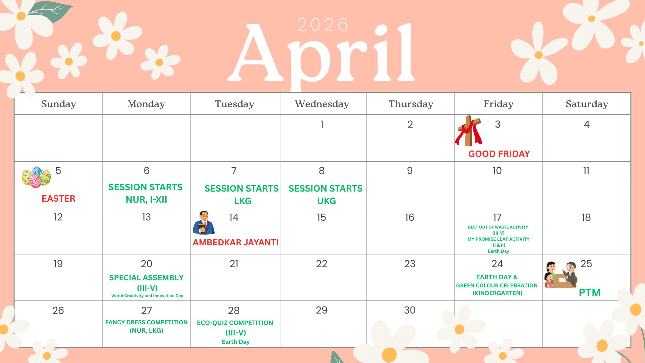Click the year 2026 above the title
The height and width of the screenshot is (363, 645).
tap(322, 25)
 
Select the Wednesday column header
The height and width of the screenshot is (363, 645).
tap(322, 104)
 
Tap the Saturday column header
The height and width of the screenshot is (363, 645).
tap(587, 104)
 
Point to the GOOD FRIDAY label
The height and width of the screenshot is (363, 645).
tap(499, 154)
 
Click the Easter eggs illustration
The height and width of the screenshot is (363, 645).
tap(36, 177)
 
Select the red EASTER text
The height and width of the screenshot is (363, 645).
tap(58, 199)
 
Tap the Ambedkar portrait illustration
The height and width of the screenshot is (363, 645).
tap(204, 223)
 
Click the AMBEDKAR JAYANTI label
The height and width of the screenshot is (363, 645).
tap(236, 242)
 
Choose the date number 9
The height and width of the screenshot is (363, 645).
tap(410, 171)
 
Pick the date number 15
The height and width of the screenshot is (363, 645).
tap(321, 217)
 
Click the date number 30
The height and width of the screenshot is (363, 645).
tap(410, 310)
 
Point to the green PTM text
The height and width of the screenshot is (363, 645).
tap(590, 292)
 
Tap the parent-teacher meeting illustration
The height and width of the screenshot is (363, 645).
tap(561, 275)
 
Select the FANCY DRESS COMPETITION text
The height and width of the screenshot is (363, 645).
tap(146, 322)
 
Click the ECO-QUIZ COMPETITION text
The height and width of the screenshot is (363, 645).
tap(235, 323)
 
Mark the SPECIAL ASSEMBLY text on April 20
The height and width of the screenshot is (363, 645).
tap(146, 278)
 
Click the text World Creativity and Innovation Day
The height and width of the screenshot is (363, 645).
tap(147, 296)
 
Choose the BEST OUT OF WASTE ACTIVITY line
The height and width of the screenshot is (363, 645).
tap(498, 227)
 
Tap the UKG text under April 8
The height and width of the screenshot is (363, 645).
tap(327, 201)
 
